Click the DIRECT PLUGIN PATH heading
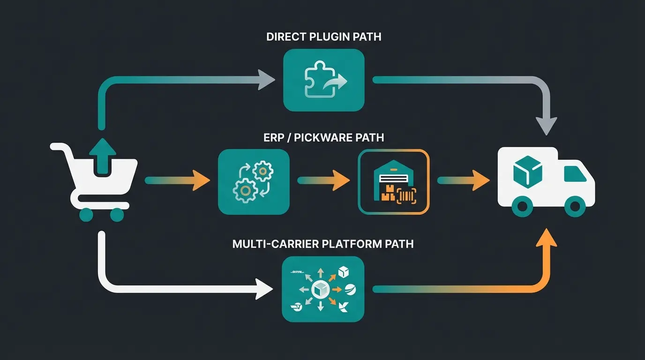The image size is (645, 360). point(323,37)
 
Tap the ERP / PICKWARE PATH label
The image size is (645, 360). point(323,137)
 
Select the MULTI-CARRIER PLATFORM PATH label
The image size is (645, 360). point(323,244)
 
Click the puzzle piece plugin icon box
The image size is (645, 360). point(324,81)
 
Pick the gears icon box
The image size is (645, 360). point(254,182)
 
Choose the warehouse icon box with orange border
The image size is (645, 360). point(393,182)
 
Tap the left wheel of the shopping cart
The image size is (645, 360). point(86,215)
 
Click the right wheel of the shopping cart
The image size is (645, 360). point(117,215)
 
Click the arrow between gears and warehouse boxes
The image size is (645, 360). point(323,180)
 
